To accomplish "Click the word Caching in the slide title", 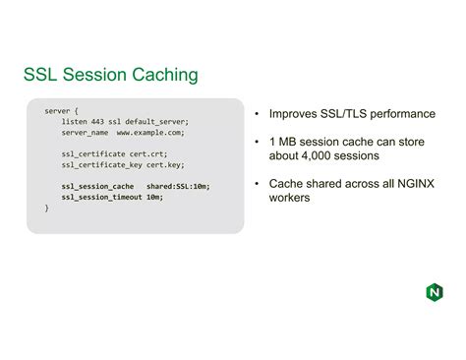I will pyautogui.click(x=157, y=75).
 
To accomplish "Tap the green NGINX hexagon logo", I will pyautogui.click(x=435, y=292).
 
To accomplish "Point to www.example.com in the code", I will pyautogui.click(x=150, y=132).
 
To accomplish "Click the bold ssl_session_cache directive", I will pyautogui.click(x=97, y=186).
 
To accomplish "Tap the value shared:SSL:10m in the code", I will pyautogui.click(x=178, y=186).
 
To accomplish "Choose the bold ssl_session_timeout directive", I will pyautogui.click(x=102, y=197).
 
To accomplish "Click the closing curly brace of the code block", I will pyautogui.click(x=46, y=208).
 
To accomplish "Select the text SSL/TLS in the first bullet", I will pyautogui.click(x=348, y=114).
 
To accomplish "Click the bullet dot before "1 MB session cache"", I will pyautogui.click(x=257, y=142).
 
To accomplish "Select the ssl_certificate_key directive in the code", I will pyautogui.click(x=99, y=164).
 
